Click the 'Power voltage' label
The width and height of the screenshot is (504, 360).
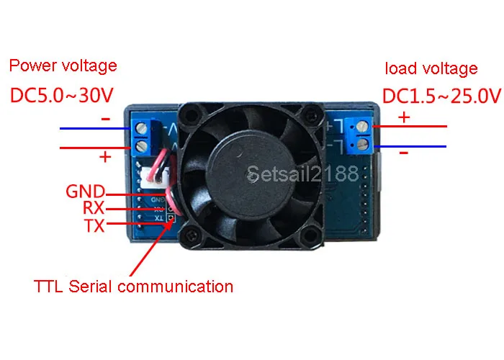63,66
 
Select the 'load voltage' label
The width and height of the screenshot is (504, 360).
431,68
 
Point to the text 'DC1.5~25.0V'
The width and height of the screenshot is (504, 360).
441,95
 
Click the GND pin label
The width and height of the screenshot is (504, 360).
85,192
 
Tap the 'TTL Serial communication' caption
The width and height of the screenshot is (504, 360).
134,286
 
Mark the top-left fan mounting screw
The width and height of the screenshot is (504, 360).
192,114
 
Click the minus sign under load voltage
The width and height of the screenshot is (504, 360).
403,153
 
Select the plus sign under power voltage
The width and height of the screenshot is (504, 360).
105,156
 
